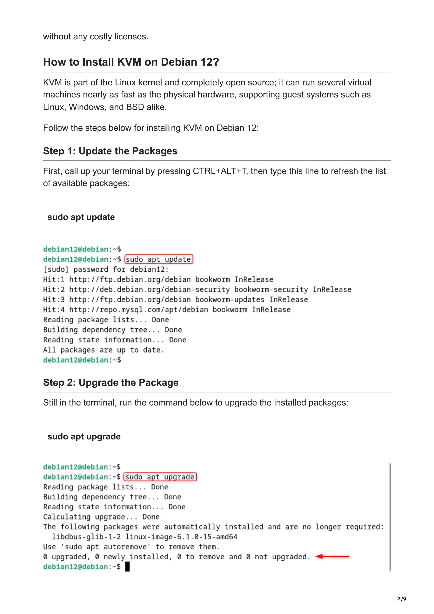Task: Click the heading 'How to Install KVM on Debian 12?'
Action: click(x=131, y=62)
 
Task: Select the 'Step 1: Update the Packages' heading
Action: click(x=110, y=151)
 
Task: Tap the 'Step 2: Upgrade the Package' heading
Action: click(x=111, y=383)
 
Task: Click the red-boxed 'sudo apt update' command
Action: click(x=159, y=259)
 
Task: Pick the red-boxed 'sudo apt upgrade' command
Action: click(x=160, y=477)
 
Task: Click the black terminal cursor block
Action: click(x=128, y=567)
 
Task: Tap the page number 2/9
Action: click(x=402, y=599)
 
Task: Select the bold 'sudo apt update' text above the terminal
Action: click(x=81, y=217)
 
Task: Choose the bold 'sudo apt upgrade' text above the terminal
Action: click(x=84, y=436)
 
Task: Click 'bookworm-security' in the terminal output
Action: click(x=271, y=290)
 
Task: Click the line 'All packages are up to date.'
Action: click(x=103, y=350)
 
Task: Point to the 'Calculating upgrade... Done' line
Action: click(x=101, y=517)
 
